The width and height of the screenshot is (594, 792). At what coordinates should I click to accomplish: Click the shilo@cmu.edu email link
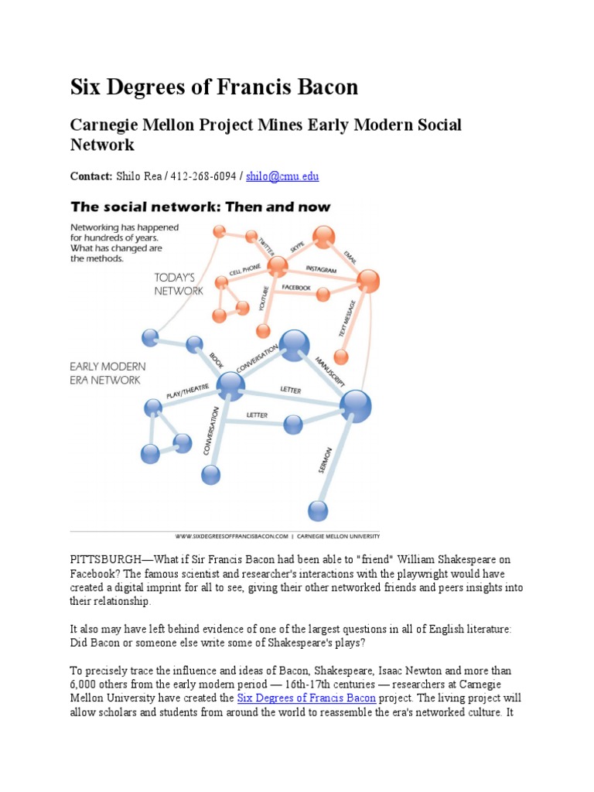[282, 176]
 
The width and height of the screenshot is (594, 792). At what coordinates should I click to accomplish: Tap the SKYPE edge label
[297, 246]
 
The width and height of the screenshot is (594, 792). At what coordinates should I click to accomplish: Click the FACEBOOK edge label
[296, 287]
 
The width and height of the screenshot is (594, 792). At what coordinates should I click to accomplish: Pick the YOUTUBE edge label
[254, 297]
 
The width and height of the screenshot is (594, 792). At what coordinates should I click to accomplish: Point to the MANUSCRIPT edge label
[330, 370]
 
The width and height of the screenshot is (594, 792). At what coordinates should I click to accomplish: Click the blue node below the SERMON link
[318, 510]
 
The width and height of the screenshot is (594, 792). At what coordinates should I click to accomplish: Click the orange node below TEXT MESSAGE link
[340, 357]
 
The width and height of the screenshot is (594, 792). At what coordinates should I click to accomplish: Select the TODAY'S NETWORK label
[179, 284]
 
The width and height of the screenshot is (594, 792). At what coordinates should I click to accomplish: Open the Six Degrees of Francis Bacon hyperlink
[306, 698]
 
